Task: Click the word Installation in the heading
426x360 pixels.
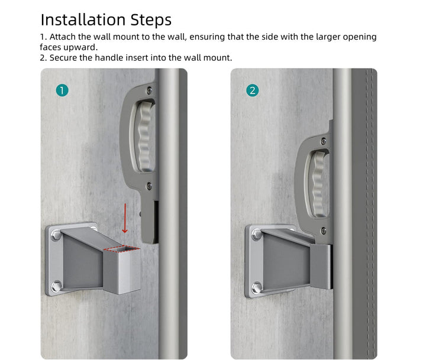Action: tap(83, 20)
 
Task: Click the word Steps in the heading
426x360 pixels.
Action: tap(151, 20)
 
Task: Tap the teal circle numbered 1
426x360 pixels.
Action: tap(62, 90)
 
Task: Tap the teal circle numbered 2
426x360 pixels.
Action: tap(253, 90)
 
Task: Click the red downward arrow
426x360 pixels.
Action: tap(125, 218)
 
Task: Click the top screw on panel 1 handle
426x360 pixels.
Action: tap(149, 90)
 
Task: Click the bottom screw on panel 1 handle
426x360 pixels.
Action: tap(149, 186)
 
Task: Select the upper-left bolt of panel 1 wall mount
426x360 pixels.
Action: tap(56, 235)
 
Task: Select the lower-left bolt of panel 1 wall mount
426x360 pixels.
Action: tap(56, 286)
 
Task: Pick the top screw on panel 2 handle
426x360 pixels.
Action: tap(323, 141)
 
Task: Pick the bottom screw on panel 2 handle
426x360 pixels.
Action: tap(323, 231)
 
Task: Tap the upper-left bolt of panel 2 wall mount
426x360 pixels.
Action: tap(256, 235)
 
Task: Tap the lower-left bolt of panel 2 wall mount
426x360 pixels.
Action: tap(256, 287)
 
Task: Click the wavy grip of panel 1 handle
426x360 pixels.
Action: tap(144, 137)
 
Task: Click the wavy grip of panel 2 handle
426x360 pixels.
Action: tap(318, 184)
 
